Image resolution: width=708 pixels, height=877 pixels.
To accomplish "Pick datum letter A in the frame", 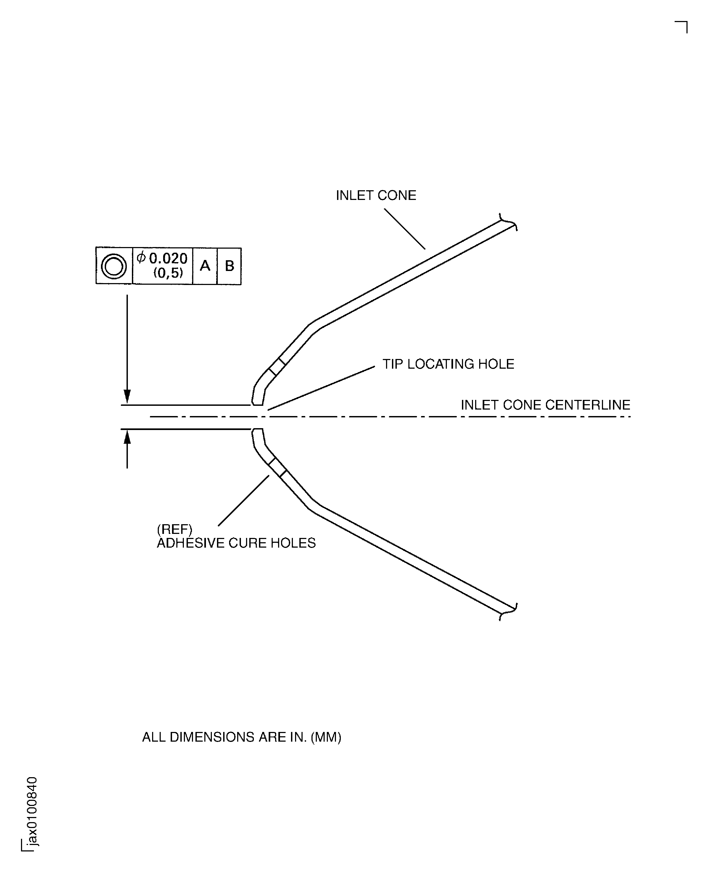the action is tap(205, 266).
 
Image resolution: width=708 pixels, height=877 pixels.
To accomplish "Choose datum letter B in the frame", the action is tap(230, 266).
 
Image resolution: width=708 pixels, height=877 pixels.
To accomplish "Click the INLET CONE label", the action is tap(376, 196).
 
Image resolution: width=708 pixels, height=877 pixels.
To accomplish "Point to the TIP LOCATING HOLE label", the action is tap(448, 364).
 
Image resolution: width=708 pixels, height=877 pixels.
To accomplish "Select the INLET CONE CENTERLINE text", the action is tap(546, 405).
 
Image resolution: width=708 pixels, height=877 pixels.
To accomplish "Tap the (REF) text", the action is tap(174, 529).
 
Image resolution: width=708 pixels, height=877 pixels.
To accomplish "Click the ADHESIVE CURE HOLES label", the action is tap(236, 543).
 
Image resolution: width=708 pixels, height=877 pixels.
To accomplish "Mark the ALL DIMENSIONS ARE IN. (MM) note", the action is tap(241, 737).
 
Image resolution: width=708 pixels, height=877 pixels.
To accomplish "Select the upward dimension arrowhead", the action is tap(127, 438).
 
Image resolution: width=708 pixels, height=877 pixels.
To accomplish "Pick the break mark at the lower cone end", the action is tap(509, 612).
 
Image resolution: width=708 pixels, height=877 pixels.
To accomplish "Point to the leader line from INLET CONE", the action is tap(405, 229).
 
